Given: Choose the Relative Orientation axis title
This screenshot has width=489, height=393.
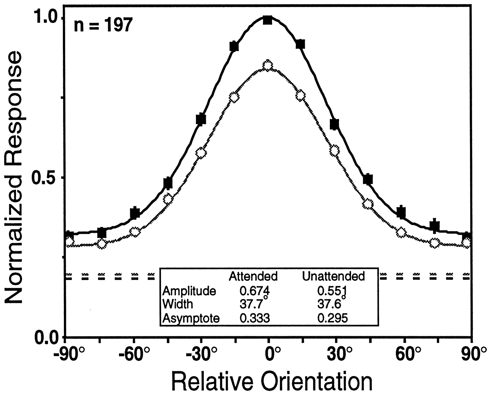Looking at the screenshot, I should pyautogui.click(x=272, y=381).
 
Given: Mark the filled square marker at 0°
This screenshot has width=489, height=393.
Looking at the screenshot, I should pyautogui.click(x=268, y=20).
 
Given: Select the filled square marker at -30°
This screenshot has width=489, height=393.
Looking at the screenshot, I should pyautogui.click(x=201, y=119).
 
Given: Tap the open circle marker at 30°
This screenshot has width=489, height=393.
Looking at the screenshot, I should pyautogui.click(x=334, y=150).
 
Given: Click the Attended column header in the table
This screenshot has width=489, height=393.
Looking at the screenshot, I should pyautogui.click(x=253, y=276).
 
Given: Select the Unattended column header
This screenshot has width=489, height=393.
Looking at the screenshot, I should pyautogui.click(x=333, y=276).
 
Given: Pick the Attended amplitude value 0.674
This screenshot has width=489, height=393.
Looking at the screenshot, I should pyautogui.click(x=254, y=291).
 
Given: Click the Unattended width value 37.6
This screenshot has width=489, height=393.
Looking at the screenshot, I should pyautogui.click(x=329, y=304).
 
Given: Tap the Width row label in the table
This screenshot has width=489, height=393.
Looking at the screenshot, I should pyautogui.click(x=178, y=304).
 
